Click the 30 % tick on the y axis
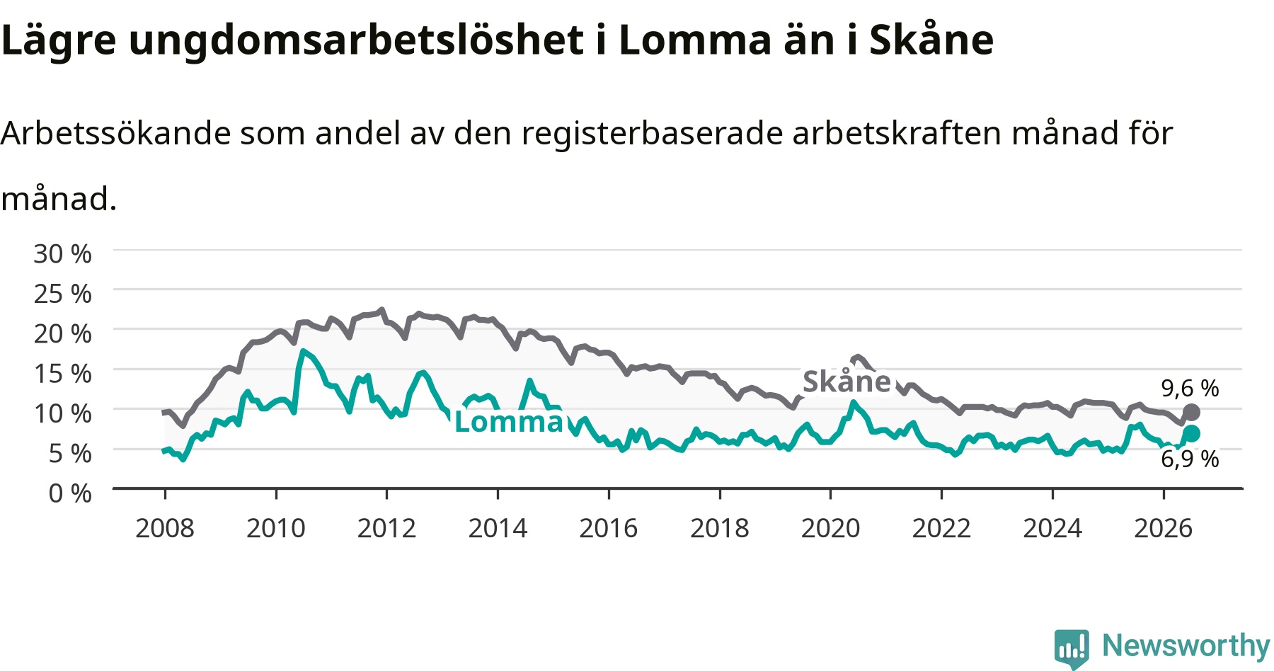62,253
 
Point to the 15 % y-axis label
62,373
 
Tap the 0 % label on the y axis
70,493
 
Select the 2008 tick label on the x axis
165,528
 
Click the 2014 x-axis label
498,528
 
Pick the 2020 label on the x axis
830,528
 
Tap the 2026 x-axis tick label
1164,528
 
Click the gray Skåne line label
847,382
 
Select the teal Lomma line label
509,421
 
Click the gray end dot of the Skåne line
1191,412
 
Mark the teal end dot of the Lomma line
1191,433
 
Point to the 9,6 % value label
1190,388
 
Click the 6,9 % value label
1190,459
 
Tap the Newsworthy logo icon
1072,648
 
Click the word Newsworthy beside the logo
1186,646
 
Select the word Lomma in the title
694,40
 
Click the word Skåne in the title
931,40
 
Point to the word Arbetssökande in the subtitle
115,133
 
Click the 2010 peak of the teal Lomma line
303,351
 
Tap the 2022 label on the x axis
941,528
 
